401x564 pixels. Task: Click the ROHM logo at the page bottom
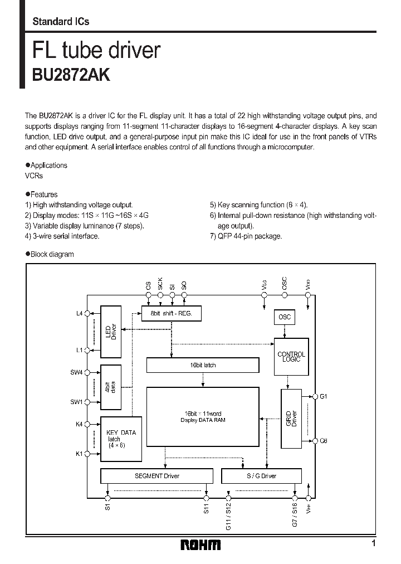click(x=200, y=544)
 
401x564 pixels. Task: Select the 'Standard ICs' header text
click(x=61, y=22)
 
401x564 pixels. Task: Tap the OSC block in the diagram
click(x=284, y=317)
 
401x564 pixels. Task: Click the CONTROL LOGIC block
click(x=291, y=357)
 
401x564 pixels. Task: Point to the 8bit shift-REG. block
click(x=171, y=314)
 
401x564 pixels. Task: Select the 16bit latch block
click(x=202, y=365)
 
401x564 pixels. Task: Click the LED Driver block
click(x=111, y=332)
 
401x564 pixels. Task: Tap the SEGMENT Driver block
click(x=157, y=476)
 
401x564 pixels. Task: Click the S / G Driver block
click(x=261, y=476)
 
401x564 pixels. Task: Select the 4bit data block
click(x=111, y=387)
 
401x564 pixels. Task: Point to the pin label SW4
click(x=76, y=372)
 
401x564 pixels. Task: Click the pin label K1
click(x=79, y=454)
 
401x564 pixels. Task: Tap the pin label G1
click(x=323, y=396)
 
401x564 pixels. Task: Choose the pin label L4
click(x=79, y=313)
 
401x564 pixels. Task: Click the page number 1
click(x=374, y=543)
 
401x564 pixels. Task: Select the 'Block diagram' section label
click(x=52, y=254)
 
